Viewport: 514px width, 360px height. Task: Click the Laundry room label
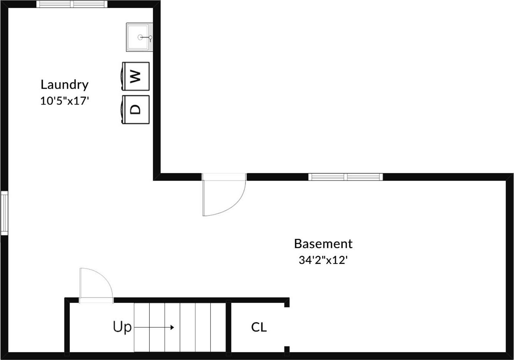click(x=64, y=85)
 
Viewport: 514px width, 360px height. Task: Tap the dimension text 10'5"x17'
click(x=64, y=101)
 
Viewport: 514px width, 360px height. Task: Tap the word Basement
click(x=323, y=244)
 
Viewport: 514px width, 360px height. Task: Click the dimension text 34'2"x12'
click(x=323, y=260)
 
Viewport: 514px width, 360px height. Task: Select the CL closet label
click(x=259, y=327)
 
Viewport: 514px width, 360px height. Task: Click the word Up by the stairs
click(x=122, y=327)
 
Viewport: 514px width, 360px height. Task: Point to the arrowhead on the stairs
click(x=172, y=327)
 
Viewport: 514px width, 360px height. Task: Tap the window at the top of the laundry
click(x=72, y=4)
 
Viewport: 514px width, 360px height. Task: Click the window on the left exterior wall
click(x=4, y=213)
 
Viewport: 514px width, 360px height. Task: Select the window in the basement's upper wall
click(x=345, y=177)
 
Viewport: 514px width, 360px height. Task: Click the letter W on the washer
click(x=134, y=76)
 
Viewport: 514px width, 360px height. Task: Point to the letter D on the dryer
click(x=135, y=110)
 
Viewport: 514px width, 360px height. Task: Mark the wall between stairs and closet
click(x=228, y=327)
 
